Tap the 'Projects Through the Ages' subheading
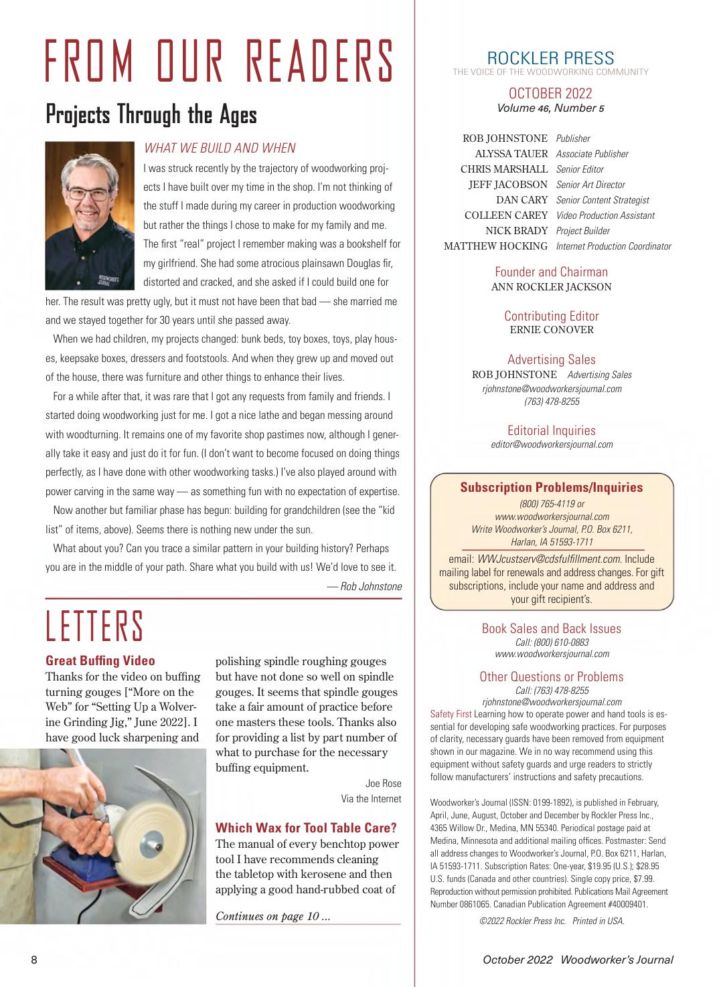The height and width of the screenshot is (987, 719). [151, 114]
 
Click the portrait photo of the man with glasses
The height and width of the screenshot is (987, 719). [90, 215]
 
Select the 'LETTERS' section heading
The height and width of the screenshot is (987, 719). [94, 626]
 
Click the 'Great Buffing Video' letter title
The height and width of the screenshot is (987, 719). [100, 661]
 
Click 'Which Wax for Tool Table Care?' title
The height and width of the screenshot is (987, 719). [306, 828]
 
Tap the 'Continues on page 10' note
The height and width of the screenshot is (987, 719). [272, 916]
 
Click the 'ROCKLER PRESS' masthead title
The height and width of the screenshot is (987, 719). [550, 58]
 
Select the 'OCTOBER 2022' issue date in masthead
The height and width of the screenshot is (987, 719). [550, 93]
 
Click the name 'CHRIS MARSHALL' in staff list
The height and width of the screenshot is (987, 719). [504, 169]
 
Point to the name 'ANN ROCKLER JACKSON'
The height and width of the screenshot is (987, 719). [551, 287]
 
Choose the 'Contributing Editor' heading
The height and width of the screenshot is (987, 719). [551, 316]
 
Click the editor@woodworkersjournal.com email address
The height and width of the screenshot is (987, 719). [552, 444]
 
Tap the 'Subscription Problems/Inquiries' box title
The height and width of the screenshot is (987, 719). [551, 487]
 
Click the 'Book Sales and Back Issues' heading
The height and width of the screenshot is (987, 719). [551, 628]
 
